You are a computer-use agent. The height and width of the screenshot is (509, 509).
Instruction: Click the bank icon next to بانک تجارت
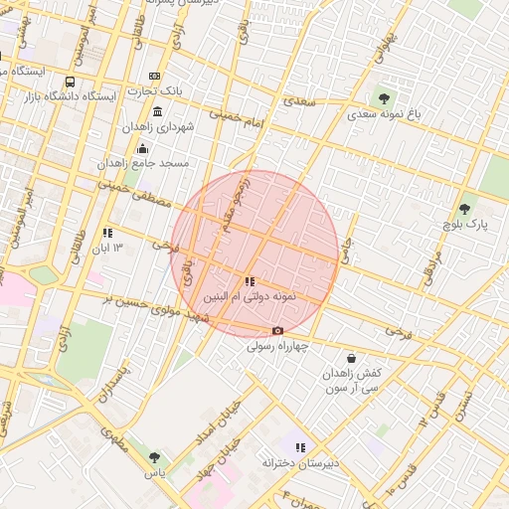point(154,76)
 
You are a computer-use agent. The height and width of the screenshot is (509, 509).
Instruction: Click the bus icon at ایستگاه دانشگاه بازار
point(71,82)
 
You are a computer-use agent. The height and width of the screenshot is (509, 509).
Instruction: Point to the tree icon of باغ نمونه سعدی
point(384,98)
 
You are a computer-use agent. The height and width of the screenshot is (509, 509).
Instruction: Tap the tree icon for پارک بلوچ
point(464,210)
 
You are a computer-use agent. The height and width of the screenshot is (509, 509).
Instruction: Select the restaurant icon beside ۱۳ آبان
point(107,233)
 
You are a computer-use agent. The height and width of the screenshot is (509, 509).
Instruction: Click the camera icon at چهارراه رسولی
point(277,330)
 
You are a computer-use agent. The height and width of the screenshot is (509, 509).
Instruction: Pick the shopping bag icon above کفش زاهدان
point(351,358)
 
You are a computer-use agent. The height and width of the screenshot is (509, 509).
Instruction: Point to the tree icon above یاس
point(154,457)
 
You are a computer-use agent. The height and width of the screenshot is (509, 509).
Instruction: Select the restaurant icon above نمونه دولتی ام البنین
point(249,282)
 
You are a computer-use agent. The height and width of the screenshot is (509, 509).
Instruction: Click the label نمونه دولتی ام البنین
point(249,298)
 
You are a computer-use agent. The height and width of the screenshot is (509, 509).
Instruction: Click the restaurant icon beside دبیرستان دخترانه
point(300,447)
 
